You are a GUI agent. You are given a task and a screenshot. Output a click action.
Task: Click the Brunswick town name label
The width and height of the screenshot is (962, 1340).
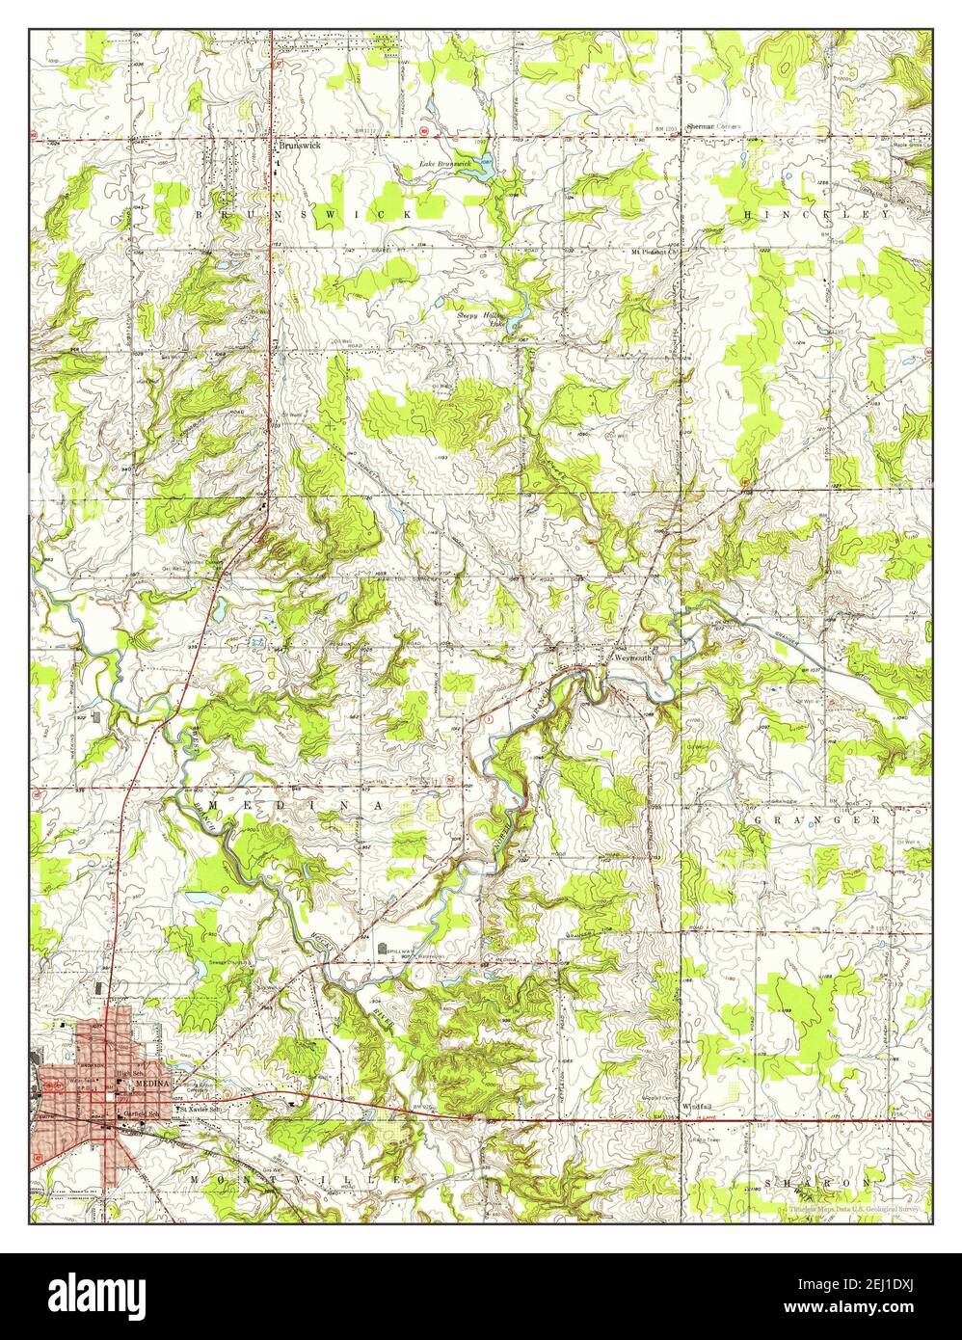click(300, 147)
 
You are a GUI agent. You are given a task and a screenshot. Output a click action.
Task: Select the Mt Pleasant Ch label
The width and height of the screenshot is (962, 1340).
click(655, 253)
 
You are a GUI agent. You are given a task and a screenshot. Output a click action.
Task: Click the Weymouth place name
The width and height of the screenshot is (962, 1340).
click(633, 656)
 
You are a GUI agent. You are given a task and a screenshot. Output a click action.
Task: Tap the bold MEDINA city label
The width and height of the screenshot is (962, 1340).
click(151, 1084)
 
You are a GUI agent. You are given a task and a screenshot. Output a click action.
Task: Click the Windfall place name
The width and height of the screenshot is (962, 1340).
click(695, 1104)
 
